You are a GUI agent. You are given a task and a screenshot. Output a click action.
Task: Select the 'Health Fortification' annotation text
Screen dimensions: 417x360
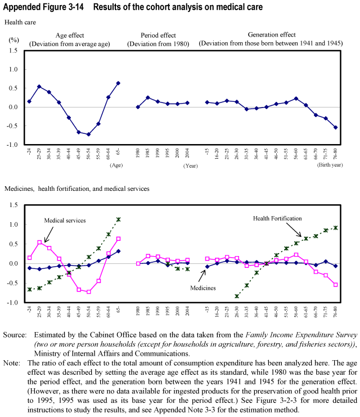[x=277, y=218]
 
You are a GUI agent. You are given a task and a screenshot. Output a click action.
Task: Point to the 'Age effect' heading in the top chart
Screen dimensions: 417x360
[x=70, y=35]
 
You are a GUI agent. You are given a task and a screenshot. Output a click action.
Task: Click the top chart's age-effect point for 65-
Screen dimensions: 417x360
[x=118, y=83]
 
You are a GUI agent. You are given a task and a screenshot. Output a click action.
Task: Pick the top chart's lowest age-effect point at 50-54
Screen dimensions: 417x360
[x=88, y=134]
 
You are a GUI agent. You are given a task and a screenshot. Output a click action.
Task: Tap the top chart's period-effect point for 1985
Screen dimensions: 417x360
[x=147, y=97]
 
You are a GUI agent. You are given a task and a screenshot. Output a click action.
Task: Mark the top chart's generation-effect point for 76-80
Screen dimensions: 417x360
[x=336, y=127]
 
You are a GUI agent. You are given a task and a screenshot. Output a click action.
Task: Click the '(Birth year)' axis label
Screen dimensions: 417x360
[x=331, y=165]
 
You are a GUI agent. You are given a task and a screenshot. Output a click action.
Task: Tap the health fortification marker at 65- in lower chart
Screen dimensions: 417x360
[x=118, y=219]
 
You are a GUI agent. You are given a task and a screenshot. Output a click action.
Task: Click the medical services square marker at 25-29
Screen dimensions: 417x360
[x=39, y=243]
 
